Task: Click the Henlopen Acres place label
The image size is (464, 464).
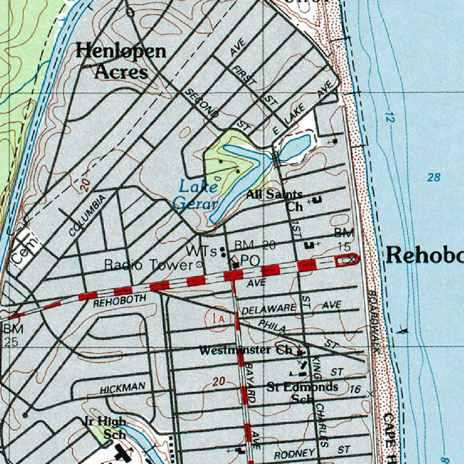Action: pyautogui.click(x=121, y=61)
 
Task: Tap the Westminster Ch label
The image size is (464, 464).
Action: pyautogui.click(x=246, y=350)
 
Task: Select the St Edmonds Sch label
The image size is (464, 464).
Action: pyautogui.click(x=302, y=392)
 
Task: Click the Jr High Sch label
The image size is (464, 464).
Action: pyautogui.click(x=105, y=427)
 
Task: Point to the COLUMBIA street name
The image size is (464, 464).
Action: pyautogui.click(x=87, y=215)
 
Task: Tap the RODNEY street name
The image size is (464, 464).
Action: pyautogui.click(x=295, y=454)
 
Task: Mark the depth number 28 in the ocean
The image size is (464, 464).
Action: pyautogui.click(x=434, y=177)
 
